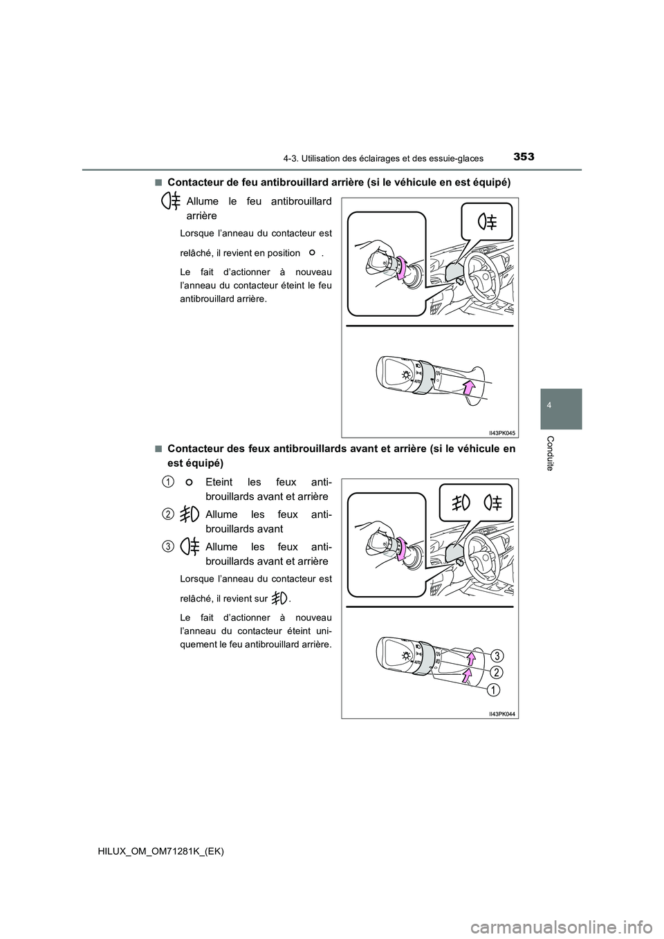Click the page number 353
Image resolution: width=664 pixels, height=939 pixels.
[524, 157]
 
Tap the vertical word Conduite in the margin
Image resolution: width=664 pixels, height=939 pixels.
[557, 454]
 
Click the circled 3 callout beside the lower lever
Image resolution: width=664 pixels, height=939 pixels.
[497, 655]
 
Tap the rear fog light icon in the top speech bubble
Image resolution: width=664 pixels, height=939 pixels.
[487, 222]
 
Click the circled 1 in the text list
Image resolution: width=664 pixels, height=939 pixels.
[168, 482]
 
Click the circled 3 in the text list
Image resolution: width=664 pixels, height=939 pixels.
[168, 546]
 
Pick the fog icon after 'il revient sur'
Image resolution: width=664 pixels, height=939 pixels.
[280, 598]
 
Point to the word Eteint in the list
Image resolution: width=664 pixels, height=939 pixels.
[221, 482]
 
